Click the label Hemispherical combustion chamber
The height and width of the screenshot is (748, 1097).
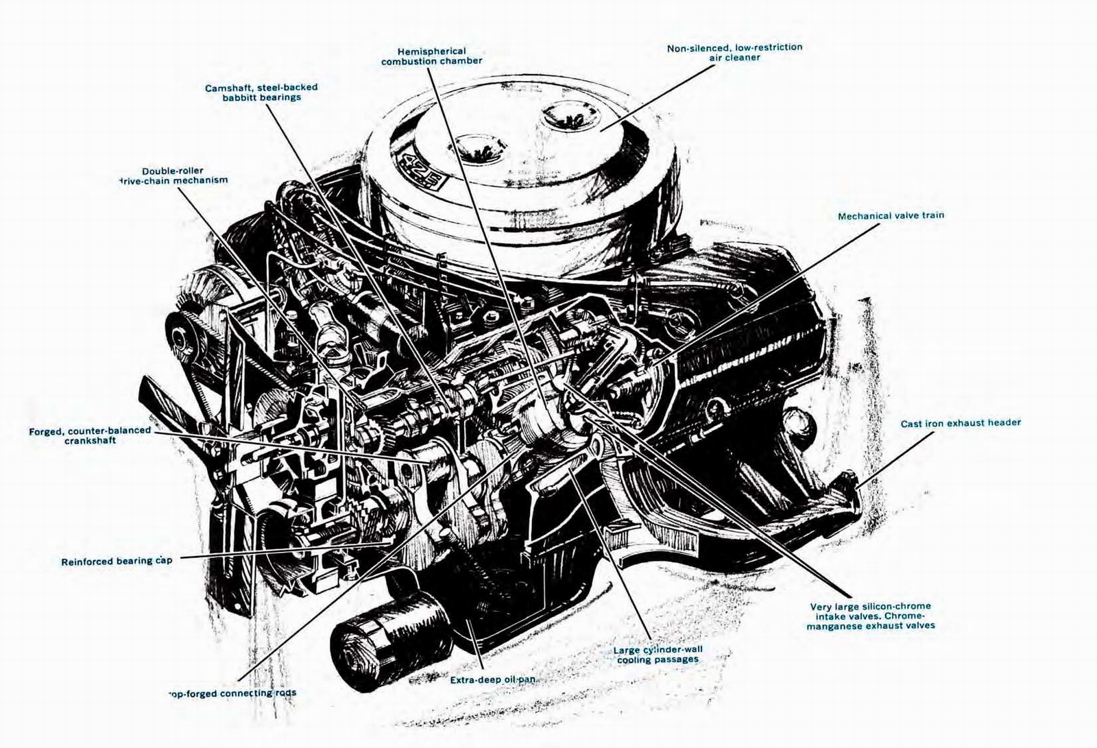tap(431, 56)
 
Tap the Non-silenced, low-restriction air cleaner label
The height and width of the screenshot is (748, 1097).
tap(734, 53)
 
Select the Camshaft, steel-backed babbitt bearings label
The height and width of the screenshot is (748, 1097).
tap(261, 93)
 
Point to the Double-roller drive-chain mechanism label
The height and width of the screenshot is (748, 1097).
tap(173, 176)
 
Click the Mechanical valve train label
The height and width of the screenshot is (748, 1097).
tap(891, 216)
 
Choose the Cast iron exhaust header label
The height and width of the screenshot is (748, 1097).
tap(960, 423)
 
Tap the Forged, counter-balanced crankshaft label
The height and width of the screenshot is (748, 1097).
tap(90, 435)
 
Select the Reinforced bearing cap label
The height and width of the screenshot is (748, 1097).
tap(117, 561)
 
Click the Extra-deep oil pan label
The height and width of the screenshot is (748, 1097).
tap(492, 680)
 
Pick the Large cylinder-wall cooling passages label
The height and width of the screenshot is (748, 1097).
tap(658, 654)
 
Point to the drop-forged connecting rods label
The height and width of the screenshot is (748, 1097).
tap(232, 693)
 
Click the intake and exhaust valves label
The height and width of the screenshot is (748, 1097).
tap(871, 616)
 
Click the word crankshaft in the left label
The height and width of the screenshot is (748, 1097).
tap(90, 441)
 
